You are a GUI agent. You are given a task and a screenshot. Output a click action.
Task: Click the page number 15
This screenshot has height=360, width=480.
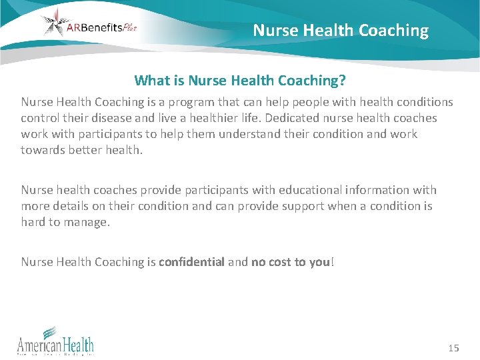(454, 348)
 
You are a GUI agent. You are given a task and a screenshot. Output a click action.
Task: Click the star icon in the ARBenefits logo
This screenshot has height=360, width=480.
(55, 23)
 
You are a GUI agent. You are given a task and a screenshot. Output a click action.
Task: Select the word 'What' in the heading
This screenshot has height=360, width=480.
(152, 81)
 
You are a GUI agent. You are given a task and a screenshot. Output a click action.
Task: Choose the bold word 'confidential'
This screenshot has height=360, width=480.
(191, 262)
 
